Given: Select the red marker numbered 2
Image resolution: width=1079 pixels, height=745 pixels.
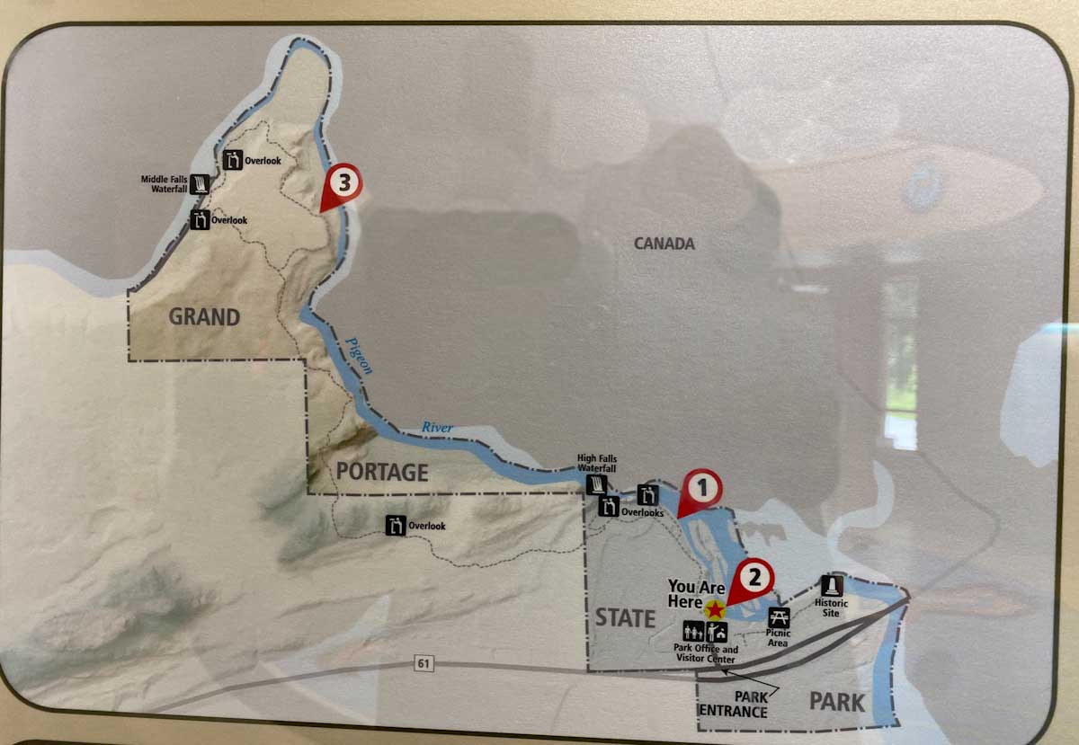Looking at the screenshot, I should [754, 576].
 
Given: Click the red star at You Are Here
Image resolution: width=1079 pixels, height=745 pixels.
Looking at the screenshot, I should [715, 610].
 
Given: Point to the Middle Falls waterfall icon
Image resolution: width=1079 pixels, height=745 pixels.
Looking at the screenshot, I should [201, 184].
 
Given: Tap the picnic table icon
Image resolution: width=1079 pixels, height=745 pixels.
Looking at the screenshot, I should [779, 616].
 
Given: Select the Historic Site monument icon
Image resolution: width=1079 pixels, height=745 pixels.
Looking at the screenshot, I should [833, 585].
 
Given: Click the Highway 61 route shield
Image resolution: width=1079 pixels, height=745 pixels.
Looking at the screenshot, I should [424, 663].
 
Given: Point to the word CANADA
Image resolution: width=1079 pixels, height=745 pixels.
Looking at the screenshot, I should [664, 244].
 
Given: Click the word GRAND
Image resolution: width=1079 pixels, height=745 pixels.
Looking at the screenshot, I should [205, 316].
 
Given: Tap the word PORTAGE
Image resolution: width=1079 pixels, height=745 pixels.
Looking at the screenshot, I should [381, 472].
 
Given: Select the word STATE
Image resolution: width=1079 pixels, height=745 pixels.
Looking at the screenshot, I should [625, 617].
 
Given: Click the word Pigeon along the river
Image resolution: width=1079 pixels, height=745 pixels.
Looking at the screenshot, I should [358, 354].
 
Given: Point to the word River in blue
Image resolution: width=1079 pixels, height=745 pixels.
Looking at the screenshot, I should [438, 428].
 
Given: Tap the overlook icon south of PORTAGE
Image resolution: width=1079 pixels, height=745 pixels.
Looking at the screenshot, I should [396, 526].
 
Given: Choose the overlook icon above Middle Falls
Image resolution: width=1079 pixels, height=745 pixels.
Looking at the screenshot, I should [233, 161].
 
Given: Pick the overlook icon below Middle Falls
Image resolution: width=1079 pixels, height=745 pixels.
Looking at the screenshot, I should [200, 219].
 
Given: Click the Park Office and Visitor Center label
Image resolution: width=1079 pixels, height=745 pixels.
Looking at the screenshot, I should [706, 654].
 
